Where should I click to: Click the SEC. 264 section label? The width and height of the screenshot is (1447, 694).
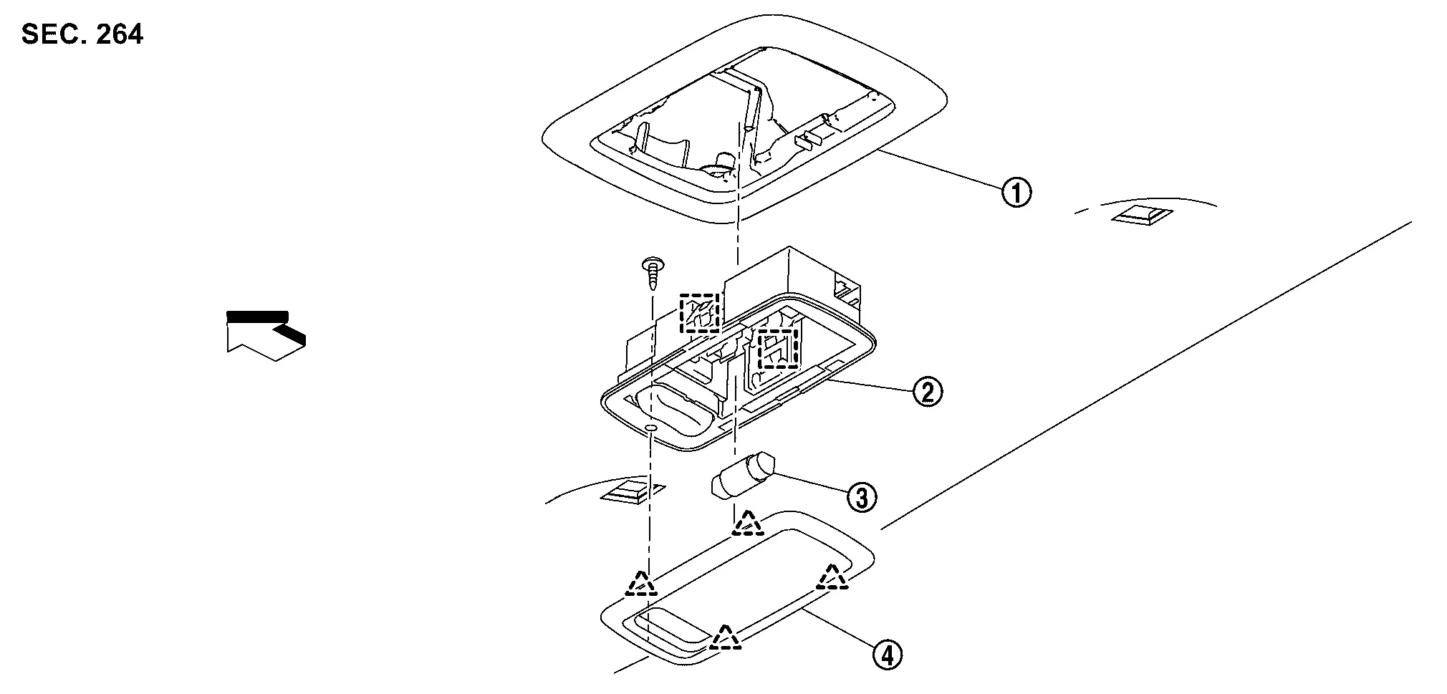click(82, 34)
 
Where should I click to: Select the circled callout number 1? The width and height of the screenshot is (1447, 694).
click(1016, 193)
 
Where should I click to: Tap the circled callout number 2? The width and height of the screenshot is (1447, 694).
click(927, 392)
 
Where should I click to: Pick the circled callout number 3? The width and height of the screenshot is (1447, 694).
click(861, 496)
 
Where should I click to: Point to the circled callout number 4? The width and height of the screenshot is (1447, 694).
click(886, 655)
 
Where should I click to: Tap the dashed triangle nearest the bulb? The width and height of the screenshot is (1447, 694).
click(748, 524)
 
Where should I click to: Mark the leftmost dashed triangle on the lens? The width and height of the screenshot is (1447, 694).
click(640, 584)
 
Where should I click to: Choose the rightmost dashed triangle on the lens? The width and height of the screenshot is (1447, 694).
click(832, 578)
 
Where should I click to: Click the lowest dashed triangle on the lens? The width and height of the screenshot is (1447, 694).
click(724, 637)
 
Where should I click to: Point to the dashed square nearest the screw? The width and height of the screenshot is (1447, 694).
click(698, 313)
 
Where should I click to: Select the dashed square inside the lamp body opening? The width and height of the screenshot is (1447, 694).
click(778, 349)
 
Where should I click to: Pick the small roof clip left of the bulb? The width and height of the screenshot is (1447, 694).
click(630, 492)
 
